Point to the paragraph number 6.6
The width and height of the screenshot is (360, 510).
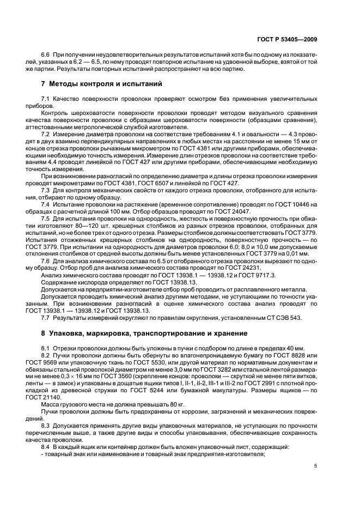coord(46,56)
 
